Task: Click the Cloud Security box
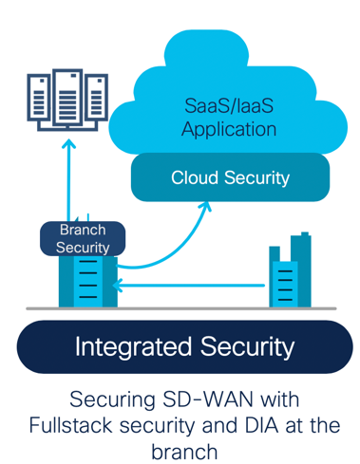[230, 177]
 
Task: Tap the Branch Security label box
[83, 238]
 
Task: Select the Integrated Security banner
[184, 346]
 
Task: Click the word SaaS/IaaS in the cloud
[228, 105]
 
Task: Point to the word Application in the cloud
[228, 128]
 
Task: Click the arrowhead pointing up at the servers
[67, 145]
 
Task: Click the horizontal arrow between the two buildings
[190, 285]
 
